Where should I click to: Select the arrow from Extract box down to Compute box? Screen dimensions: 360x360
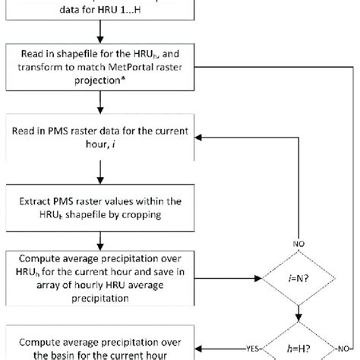pos(101,238)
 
